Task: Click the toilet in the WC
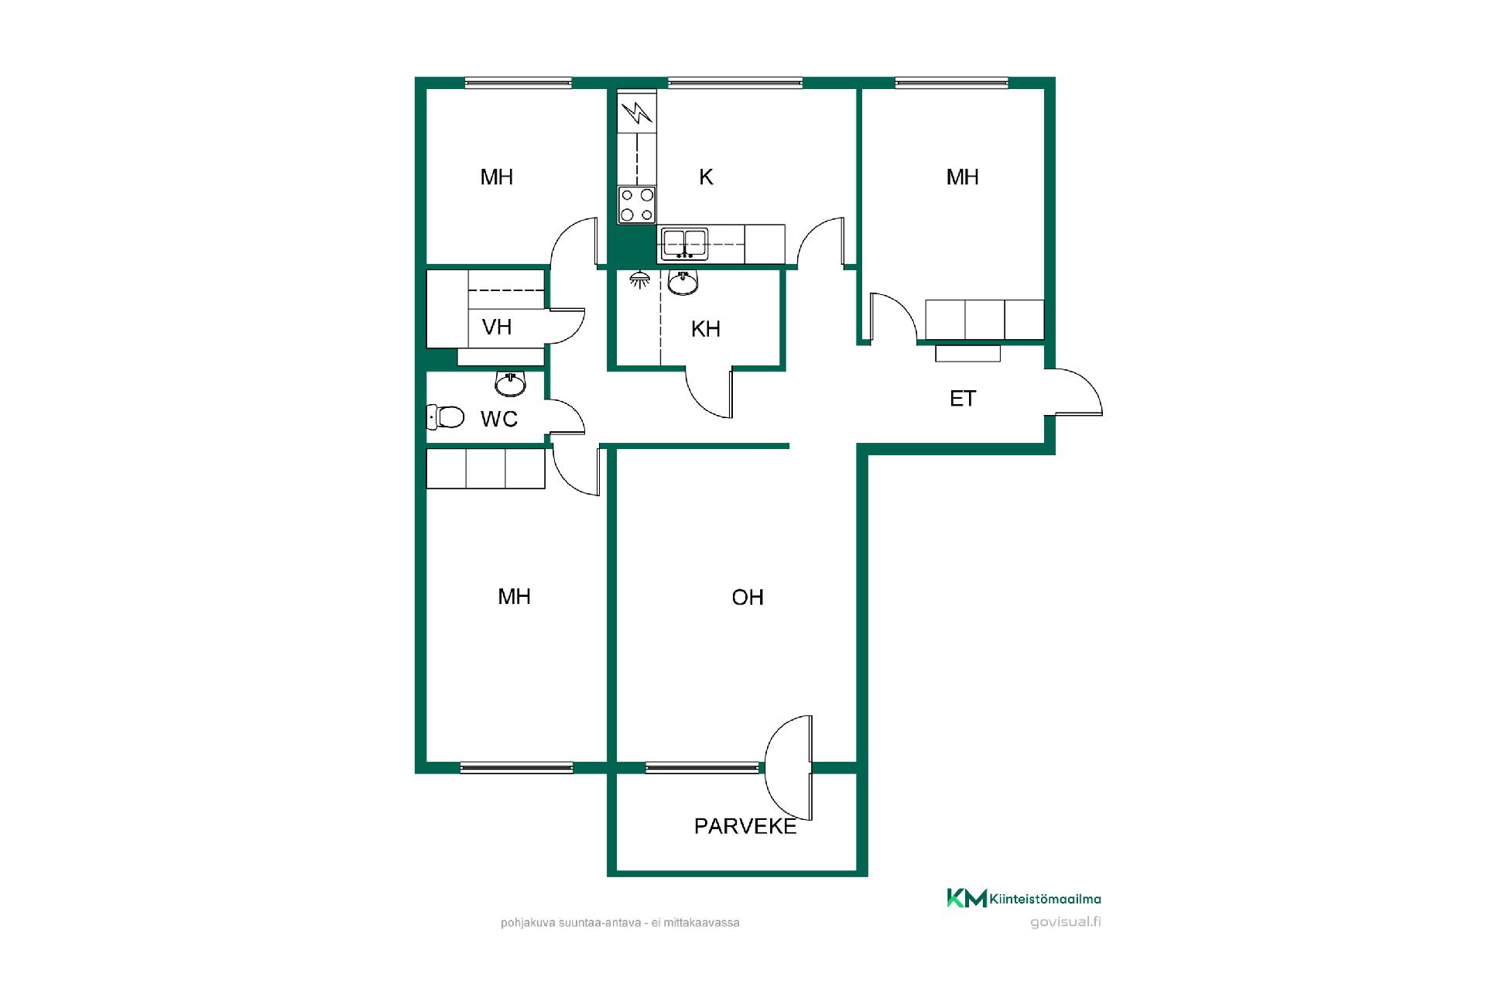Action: tap(445, 417)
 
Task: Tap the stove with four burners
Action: tap(637, 205)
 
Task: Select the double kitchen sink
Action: tap(684, 243)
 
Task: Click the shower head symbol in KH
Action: tap(639, 279)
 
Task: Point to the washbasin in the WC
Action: tap(510, 382)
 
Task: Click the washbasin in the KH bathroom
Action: tap(683, 283)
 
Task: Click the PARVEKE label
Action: tap(745, 827)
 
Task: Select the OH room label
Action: tap(748, 597)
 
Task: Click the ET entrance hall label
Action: tap(963, 399)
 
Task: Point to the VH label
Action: tap(497, 327)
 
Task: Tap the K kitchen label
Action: tap(706, 177)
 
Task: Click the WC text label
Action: tap(499, 419)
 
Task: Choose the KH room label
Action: tap(706, 329)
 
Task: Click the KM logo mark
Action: tap(967, 898)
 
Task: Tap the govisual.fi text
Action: tap(1066, 921)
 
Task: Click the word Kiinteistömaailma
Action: tap(1046, 899)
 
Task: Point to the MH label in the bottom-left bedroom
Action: tap(514, 596)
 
